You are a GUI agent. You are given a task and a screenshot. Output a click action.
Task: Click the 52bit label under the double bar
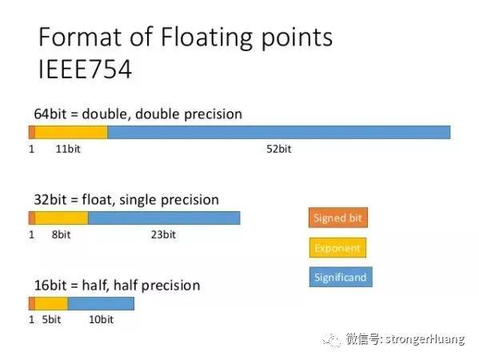pyautogui.click(x=278, y=149)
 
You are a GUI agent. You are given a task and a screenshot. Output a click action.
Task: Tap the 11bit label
pyautogui.click(x=68, y=149)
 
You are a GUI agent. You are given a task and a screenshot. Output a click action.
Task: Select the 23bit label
pyautogui.click(x=163, y=234)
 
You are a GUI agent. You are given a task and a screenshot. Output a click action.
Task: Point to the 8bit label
pyautogui.click(x=61, y=234)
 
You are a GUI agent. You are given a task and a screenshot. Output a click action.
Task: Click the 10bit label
pyautogui.click(x=101, y=319)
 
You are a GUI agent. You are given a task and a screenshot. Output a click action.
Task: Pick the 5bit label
pyautogui.click(x=51, y=319)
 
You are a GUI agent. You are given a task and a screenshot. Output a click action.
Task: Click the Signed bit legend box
pyautogui.click(x=338, y=218)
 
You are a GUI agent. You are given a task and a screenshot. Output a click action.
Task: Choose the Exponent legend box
pyautogui.click(x=337, y=247)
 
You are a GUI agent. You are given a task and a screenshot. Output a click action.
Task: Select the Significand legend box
pyautogui.click(x=341, y=277)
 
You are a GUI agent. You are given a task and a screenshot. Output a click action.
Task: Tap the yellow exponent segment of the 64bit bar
pyautogui.click(x=71, y=132)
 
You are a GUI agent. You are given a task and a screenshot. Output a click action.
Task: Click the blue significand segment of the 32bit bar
pyautogui.click(x=164, y=218)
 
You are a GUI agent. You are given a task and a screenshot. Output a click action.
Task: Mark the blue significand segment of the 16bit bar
pyautogui.click(x=101, y=303)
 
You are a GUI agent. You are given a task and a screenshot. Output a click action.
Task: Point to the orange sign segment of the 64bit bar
pyautogui.click(x=32, y=132)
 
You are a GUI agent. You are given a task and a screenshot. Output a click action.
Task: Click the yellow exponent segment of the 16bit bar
pyautogui.click(x=51, y=303)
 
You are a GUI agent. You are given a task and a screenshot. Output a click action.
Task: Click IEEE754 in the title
pyautogui.click(x=85, y=69)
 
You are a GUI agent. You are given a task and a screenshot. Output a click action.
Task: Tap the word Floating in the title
pyautogui.click(x=206, y=38)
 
